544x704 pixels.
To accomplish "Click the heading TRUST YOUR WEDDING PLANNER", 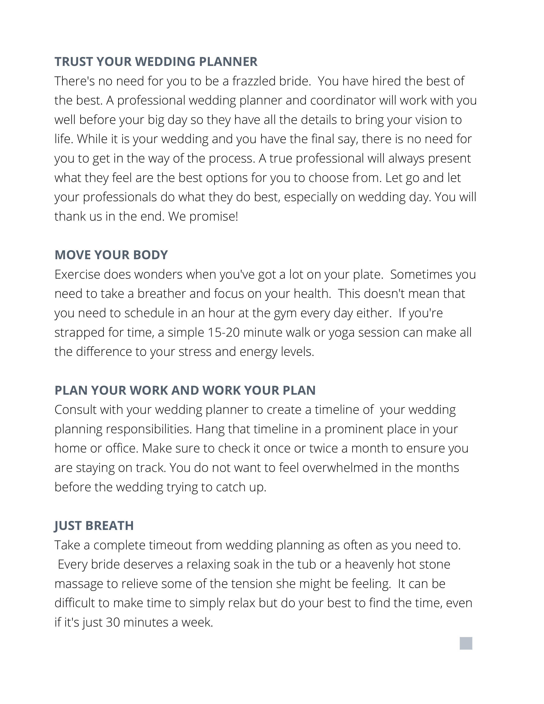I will (156, 62).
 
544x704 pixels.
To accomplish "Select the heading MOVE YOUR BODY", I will (111, 255).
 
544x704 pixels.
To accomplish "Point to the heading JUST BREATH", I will (94, 525).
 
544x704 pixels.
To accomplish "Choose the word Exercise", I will (77, 274).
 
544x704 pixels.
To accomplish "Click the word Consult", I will (75, 410).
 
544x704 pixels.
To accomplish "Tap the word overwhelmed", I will (340, 468).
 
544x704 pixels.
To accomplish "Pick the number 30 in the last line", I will (113, 623).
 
